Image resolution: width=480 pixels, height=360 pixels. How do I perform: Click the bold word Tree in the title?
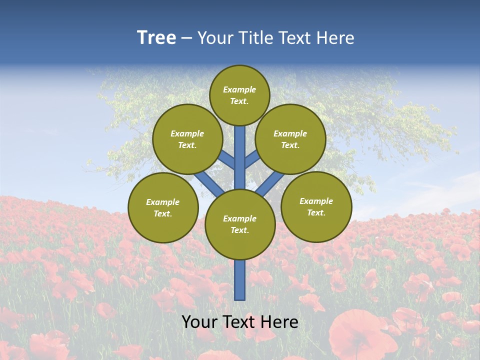[x=156, y=38]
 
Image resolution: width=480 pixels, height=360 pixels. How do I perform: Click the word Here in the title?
[x=335, y=38]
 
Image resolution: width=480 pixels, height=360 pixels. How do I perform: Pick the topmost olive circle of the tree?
[x=239, y=95]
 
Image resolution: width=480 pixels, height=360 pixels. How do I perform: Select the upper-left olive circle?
[x=187, y=139]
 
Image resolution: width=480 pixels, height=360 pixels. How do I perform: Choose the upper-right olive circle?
[x=290, y=139]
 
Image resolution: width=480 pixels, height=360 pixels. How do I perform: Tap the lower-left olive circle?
[x=163, y=207]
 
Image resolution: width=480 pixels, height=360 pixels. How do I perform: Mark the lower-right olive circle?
[x=316, y=206]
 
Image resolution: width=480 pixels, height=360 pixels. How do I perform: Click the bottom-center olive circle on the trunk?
[x=240, y=224]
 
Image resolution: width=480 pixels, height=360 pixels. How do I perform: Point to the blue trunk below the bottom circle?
[x=240, y=280]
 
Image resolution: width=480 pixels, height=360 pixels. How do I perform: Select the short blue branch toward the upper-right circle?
[x=252, y=158]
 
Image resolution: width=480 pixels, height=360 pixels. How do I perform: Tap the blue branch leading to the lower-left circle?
[x=209, y=183]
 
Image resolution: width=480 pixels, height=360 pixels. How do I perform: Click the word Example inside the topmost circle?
[x=239, y=89]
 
